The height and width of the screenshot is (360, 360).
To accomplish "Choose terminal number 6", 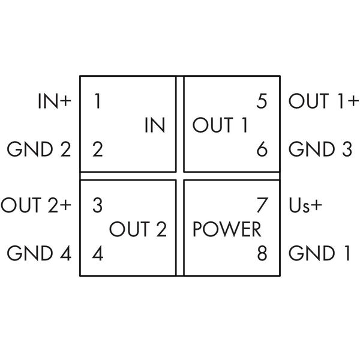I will [261, 149].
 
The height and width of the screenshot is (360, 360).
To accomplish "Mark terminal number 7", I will [261, 206].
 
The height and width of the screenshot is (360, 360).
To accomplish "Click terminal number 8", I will [261, 253].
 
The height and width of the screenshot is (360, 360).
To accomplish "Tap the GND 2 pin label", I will [39, 149].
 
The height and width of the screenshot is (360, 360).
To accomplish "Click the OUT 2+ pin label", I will [36, 206].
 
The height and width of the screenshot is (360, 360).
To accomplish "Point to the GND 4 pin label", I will [39, 253].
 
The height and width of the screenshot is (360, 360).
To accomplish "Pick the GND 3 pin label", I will [320, 149].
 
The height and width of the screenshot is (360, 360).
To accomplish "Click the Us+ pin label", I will [306, 206].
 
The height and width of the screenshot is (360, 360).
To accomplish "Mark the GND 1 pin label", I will [319, 253].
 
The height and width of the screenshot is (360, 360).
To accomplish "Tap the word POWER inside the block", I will [227, 229].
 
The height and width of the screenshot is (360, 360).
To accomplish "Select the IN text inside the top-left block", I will [155, 126].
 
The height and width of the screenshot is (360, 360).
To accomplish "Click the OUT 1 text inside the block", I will [220, 126].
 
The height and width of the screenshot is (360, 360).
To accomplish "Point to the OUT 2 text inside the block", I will [137, 229].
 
